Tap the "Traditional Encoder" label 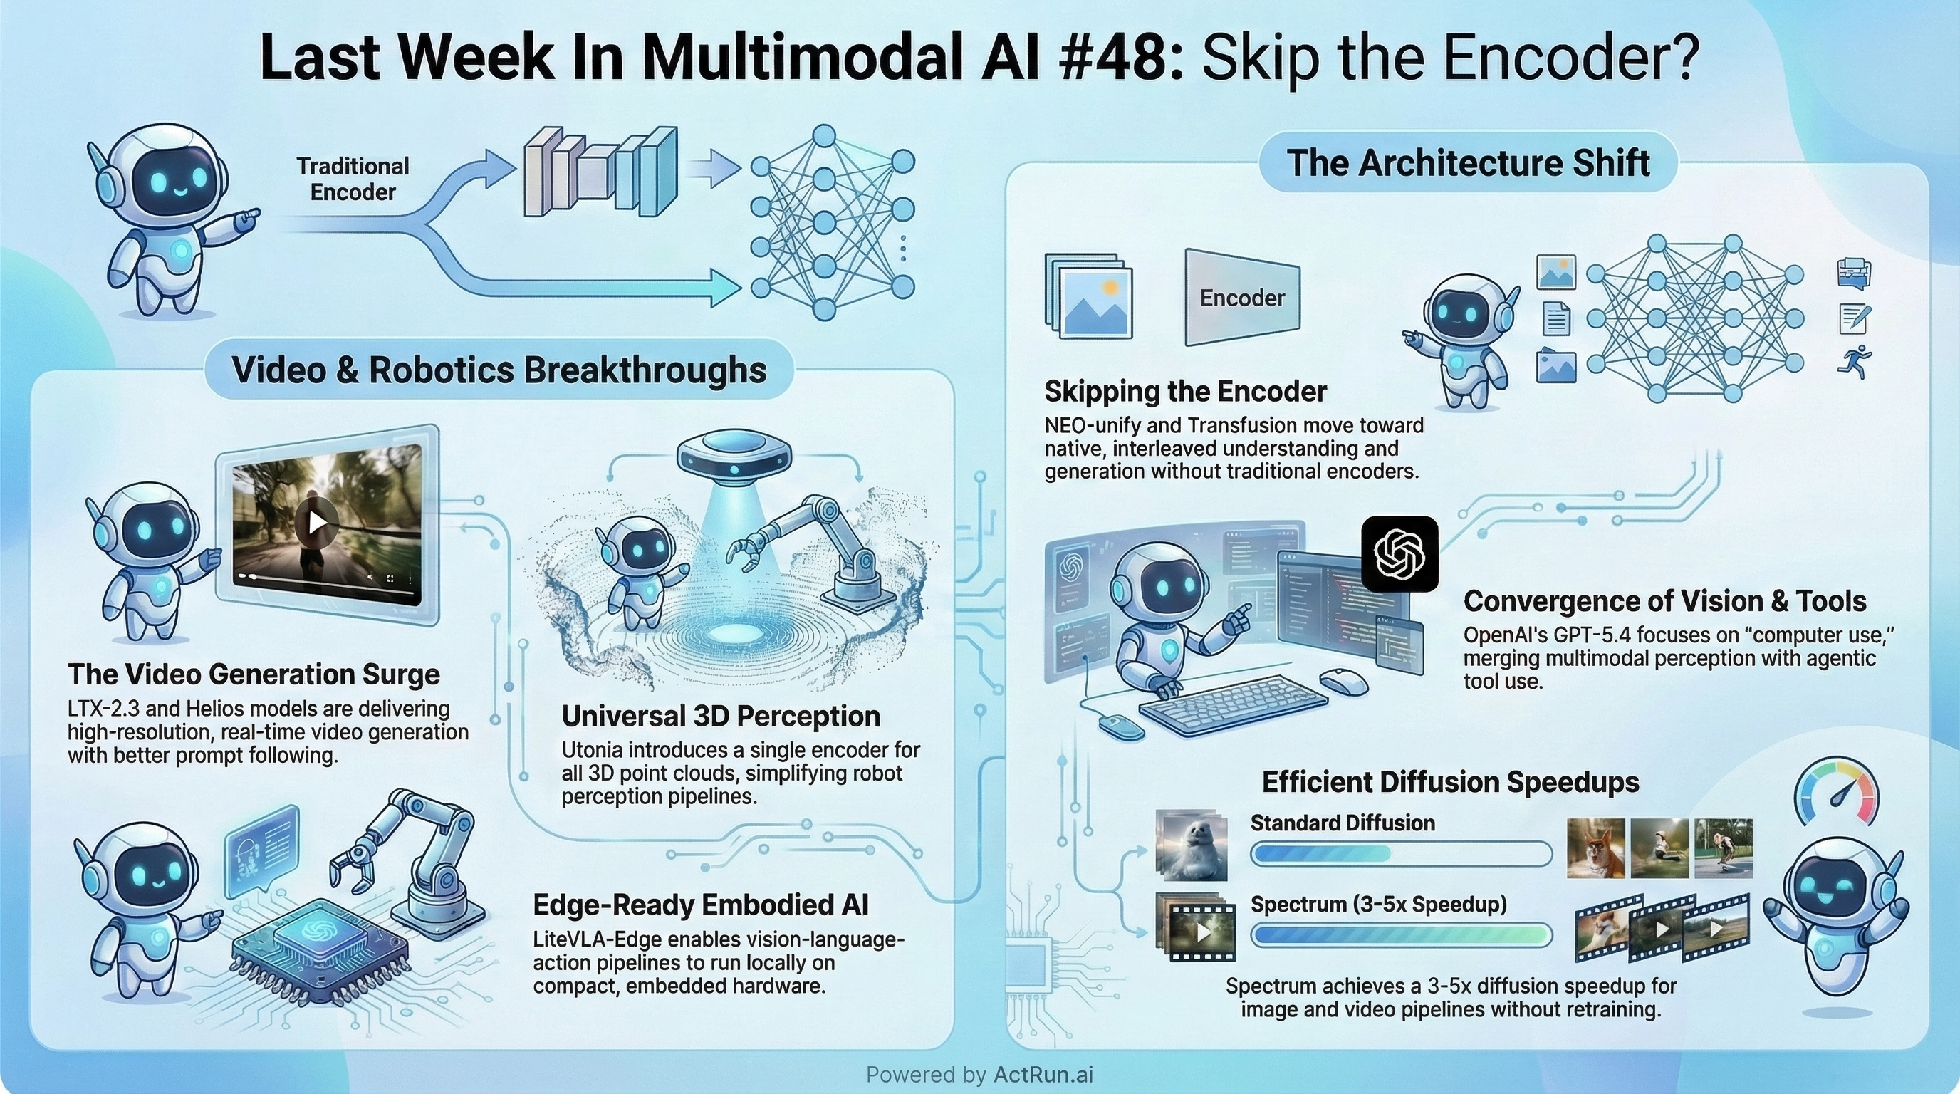coord(353,179)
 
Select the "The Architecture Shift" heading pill coord(1468,163)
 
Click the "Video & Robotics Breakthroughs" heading coord(499,370)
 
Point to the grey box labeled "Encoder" coord(1242,298)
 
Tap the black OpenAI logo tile coord(1399,554)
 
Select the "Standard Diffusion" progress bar coord(1400,853)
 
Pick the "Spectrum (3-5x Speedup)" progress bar coord(1400,935)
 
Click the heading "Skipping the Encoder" coord(1184,392)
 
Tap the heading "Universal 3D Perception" coord(721,716)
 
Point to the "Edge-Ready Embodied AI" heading coord(700,905)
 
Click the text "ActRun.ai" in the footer coord(1043,1074)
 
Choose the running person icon coord(1855,360)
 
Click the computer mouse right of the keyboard coord(1343,679)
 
